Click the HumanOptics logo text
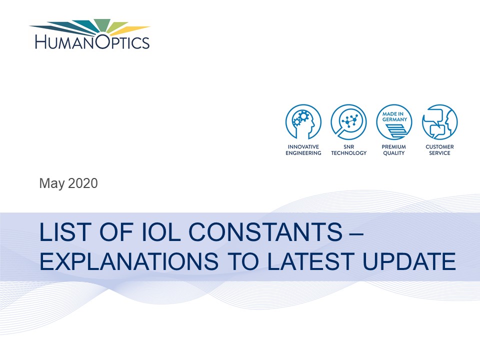point(92,41)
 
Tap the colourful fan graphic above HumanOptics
point(89,26)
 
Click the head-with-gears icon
point(303,122)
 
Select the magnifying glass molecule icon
point(348,122)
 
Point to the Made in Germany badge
point(394,122)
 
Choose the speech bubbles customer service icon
point(439,122)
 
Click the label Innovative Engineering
point(303,150)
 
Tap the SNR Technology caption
point(348,150)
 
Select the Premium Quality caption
point(394,150)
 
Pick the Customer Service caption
point(439,150)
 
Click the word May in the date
point(51,183)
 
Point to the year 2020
point(82,183)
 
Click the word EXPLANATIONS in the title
point(129,261)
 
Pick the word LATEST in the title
point(310,261)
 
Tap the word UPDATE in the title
point(409,261)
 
